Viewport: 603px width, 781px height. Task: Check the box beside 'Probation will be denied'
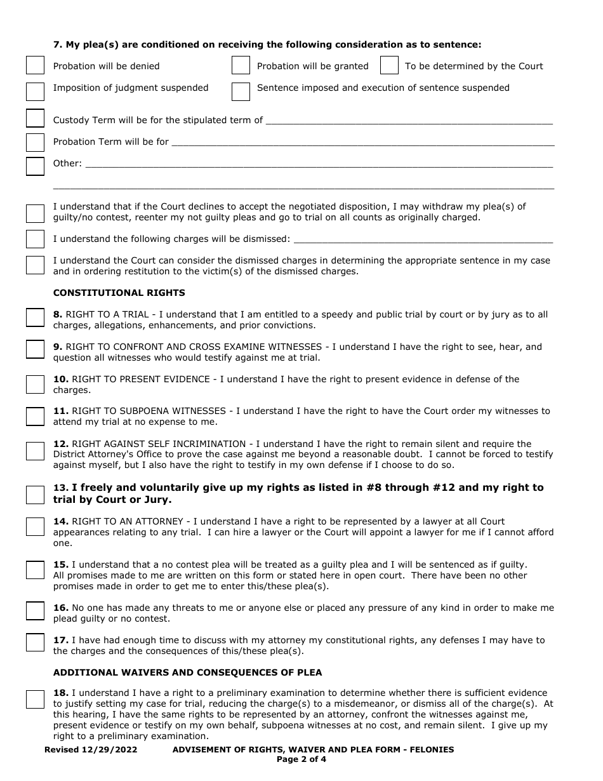tap(35, 66)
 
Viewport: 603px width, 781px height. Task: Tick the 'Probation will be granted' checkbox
tap(241, 66)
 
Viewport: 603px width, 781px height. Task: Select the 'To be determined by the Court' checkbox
tap(389, 66)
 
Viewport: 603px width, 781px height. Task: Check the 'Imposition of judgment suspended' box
tap(35, 91)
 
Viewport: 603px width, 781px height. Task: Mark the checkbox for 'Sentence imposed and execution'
tap(241, 91)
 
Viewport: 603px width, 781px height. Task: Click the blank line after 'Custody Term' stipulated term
tap(409, 120)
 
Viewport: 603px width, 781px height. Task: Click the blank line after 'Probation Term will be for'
tap(362, 142)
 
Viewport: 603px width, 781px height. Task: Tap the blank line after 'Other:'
tap(318, 163)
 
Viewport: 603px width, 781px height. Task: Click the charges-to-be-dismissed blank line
tap(423, 239)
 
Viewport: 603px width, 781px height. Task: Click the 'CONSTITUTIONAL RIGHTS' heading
tap(119, 293)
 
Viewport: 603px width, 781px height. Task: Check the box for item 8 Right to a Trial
tap(35, 317)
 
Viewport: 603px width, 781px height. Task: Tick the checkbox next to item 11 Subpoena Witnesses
tap(35, 416)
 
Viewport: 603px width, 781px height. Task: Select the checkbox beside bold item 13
tap(35, 494)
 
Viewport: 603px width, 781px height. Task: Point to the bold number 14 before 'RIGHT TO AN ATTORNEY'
tap(61, 521)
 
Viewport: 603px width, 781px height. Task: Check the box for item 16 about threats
tap(35, 611)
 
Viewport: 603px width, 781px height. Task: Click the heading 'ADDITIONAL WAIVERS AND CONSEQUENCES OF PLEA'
tap(187, 672)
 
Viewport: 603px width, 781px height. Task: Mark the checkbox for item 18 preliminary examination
tap(35, 699)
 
